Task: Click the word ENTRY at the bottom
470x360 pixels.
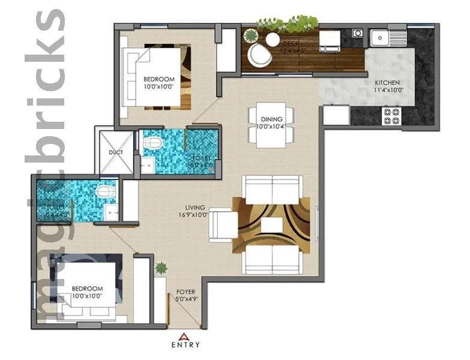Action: pos(185,345)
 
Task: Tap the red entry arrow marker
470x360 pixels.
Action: pos(185,336)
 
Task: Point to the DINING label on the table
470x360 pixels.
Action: pos(271,119)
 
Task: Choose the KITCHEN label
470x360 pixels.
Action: pos(387,83)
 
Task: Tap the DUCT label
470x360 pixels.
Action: pos(116,152)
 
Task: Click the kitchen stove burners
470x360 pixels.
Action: pos(391,116)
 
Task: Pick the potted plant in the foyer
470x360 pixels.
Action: pos(160,267)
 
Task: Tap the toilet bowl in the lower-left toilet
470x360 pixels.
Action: pos(106,192)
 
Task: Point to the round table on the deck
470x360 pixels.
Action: pos(273,40)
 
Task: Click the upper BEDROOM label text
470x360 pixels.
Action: pos(158,79)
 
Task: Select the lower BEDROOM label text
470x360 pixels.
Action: pos(88,288)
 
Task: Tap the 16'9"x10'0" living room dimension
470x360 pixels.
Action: pos(192,214)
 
